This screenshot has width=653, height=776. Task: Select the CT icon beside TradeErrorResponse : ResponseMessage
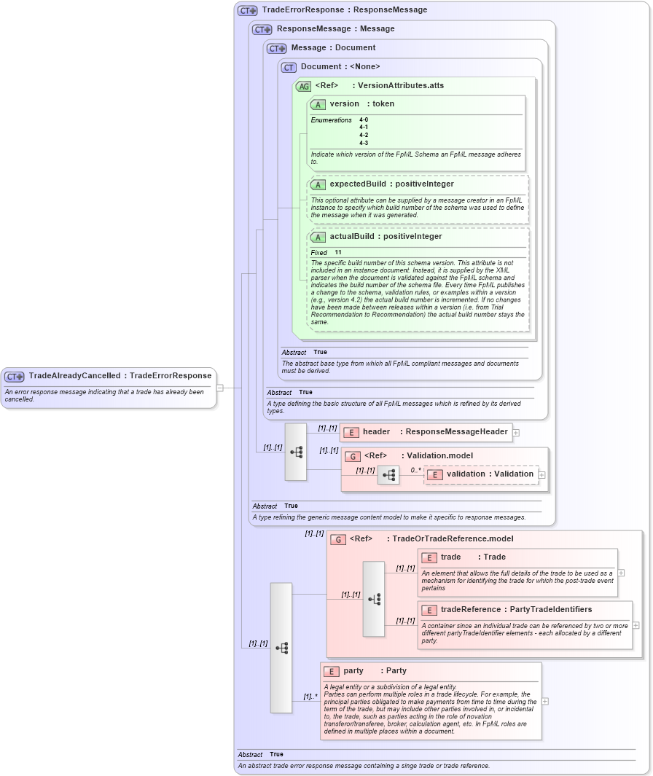tap(248, 10)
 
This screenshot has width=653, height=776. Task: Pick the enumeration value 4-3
tap(364, 143)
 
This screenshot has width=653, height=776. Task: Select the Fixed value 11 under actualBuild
tap(338, 252)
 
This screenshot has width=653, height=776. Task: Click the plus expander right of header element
tap(516, 432)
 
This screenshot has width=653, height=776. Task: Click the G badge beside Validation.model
tap(353, 456)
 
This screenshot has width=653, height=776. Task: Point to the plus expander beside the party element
tap(545, 701)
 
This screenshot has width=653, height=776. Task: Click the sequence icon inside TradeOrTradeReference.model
tap(374, 599)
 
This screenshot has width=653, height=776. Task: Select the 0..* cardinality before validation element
tap(415, 470)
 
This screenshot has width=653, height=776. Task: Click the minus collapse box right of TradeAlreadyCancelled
tap(219, 388)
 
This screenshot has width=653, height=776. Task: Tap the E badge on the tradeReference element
tap(429, 610)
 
